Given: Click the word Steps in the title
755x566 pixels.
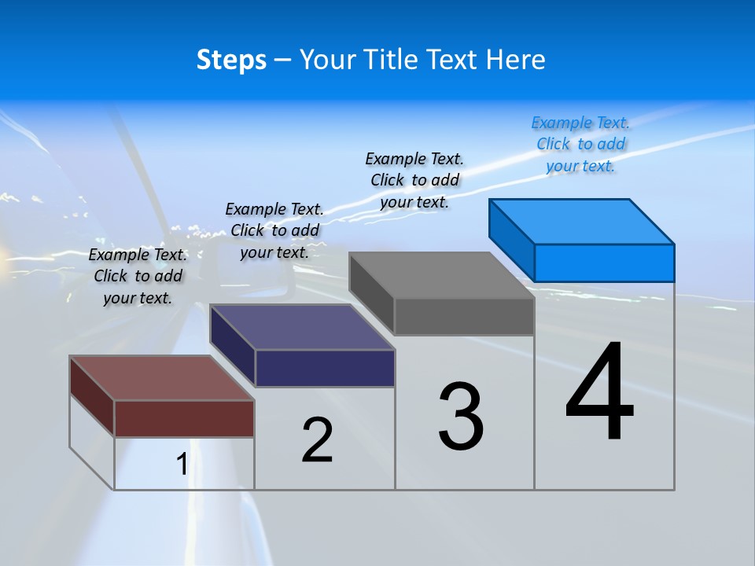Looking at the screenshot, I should [x=231, y=60].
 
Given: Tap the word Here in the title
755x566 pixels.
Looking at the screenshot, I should [x=517, y=60].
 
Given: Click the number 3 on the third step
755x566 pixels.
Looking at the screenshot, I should [x=461, y=417].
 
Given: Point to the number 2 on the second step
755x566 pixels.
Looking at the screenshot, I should [x=318, y=440].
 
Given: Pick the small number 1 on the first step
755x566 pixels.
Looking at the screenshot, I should [x=182, y=465].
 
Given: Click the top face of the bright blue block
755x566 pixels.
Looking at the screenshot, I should [x=582, y=221].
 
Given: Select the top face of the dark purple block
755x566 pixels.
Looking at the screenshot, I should [x=302, y=327].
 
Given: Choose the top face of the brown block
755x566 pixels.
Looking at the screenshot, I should [x=162, y=378].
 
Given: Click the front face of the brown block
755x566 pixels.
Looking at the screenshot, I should [x=184, y=418].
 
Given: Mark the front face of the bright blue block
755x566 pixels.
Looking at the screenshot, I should [x=604, y=263].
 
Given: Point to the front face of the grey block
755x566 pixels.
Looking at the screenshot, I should [x=464, y=317].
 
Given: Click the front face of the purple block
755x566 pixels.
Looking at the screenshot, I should [x=325, y=368].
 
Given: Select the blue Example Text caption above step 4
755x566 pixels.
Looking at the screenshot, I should [x=580, y=144].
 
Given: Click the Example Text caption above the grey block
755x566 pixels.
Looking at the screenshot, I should [x=414, y=180].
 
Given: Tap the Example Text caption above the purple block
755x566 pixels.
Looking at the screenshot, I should [x=274, y=230].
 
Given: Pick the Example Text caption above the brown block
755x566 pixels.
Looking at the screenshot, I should [x=138, y=276].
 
